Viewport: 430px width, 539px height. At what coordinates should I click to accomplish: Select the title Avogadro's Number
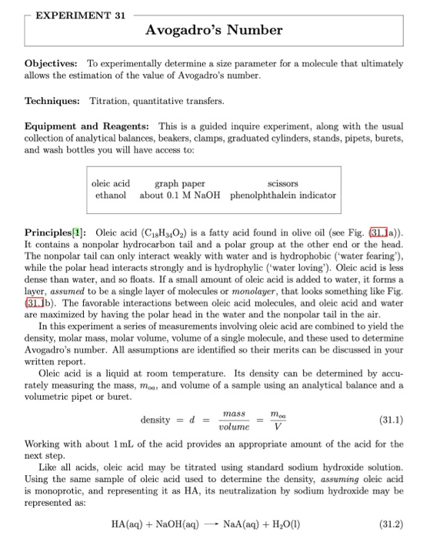coord(215,31)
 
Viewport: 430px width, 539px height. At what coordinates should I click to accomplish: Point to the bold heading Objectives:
coord(52,62)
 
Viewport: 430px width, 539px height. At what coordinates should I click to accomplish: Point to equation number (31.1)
coord(388,421)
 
